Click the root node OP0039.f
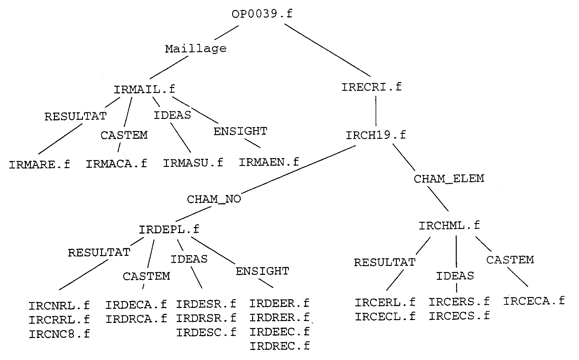point(262,14)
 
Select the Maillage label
point(196,49)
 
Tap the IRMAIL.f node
point(144,90)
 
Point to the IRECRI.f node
point(371,87)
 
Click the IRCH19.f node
point(376,135)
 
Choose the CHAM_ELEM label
point(449,179)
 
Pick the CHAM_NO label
point(214,199)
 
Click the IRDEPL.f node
point(169,230)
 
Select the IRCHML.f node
point(449,226)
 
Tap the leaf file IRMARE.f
point(40,164)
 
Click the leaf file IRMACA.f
point(116,164)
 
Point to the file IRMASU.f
point(193,163)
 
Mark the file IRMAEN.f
point(269,162)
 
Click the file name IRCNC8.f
point(59,334)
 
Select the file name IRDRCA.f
point(136,319)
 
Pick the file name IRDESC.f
point(206,333)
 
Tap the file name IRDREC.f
point(280,346)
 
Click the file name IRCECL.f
point(385,317)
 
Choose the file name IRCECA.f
point(534,301)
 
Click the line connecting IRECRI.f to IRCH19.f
point(376,111)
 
